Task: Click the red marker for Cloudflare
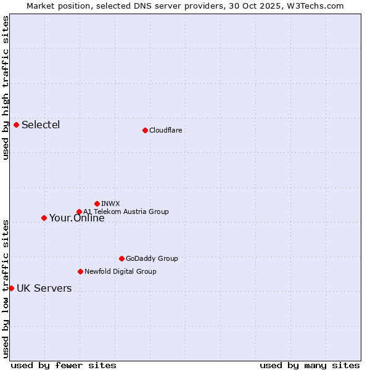pyautogui.click(x=145, y=130)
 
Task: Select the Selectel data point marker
pyautogui.click(x=16, y=125)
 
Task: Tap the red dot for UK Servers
pyautogui.click(x=11, y=288)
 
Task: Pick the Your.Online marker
pyautogui.click(x=44, y=218)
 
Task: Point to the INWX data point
pyautogui.click(x=97, y=203)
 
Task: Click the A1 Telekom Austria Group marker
pyautogui.click(x=79, y=212)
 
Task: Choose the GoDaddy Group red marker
pyautogui.click(x=121, y=258)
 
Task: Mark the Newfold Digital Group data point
pyautogui.click(x=80, y=271)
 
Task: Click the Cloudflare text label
pyautogui.click(x=165, y=130)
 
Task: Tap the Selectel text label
pyautogui.click(x=41, y=125)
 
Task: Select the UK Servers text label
pyautogui.click(x=44, y=289)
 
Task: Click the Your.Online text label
pyautogui.click(x=76, y=218)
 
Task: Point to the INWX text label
pyautogui.click(x=110, y=203)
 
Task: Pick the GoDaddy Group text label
pyautogui.click(x=152, y=259)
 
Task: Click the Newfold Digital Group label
pyautogui.click(x=120, y=271)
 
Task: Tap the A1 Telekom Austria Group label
pyautogui.click(x=126, y=212)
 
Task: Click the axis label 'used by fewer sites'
pyautogui.click(x=64, y=365)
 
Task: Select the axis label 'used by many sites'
pyautogui.click(x=310, y=365)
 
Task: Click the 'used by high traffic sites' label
pyautogui.click(x=6, y=88)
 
